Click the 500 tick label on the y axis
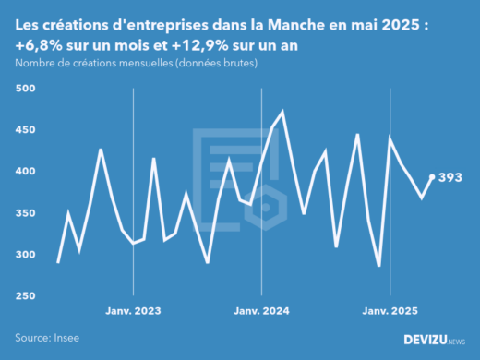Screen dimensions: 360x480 point(24,89)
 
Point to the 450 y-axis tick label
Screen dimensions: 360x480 point(24,130)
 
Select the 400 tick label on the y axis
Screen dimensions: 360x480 point(24,172)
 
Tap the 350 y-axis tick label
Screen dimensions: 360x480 point(24,213)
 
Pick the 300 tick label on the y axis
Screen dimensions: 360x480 point(24,255)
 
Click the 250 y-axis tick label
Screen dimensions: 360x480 point(24,296)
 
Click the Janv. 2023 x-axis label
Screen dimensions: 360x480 point(134,311)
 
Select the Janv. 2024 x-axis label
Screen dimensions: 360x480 point(262,311)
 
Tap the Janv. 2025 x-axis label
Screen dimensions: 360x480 point(390,311)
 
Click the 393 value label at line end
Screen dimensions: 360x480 point(450,177)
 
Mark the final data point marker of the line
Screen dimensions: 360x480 point(432,177)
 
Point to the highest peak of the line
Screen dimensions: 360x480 point(282,112)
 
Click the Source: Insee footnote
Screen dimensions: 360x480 point(47,339)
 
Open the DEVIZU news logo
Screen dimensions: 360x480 point(435,340)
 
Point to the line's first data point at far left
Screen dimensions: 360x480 point(58,262)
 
